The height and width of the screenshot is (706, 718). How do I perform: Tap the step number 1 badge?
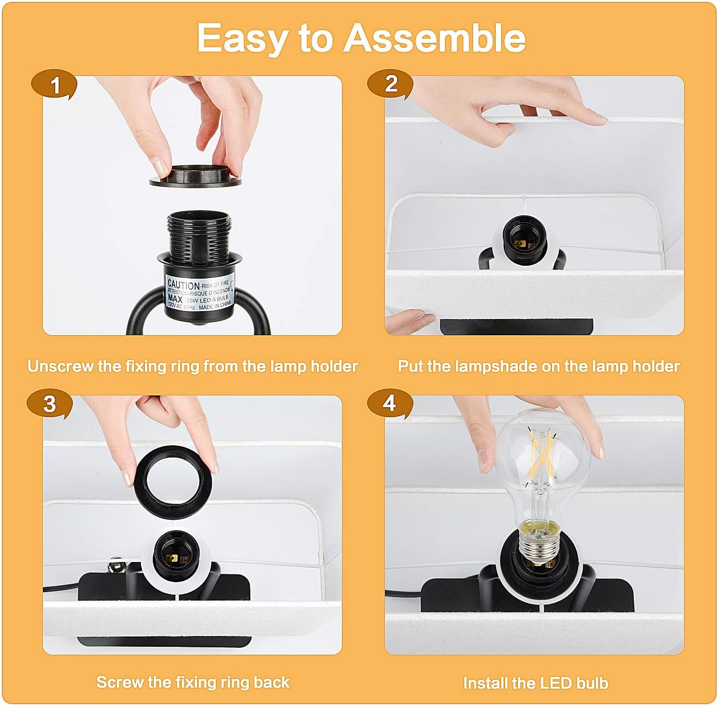(56, 85)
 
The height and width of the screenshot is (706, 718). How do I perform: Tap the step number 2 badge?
(390, 84)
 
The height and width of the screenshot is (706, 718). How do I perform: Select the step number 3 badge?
(50, 404)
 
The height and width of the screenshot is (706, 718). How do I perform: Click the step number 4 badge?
(389, 403)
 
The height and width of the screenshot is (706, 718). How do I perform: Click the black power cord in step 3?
(61, 588)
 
